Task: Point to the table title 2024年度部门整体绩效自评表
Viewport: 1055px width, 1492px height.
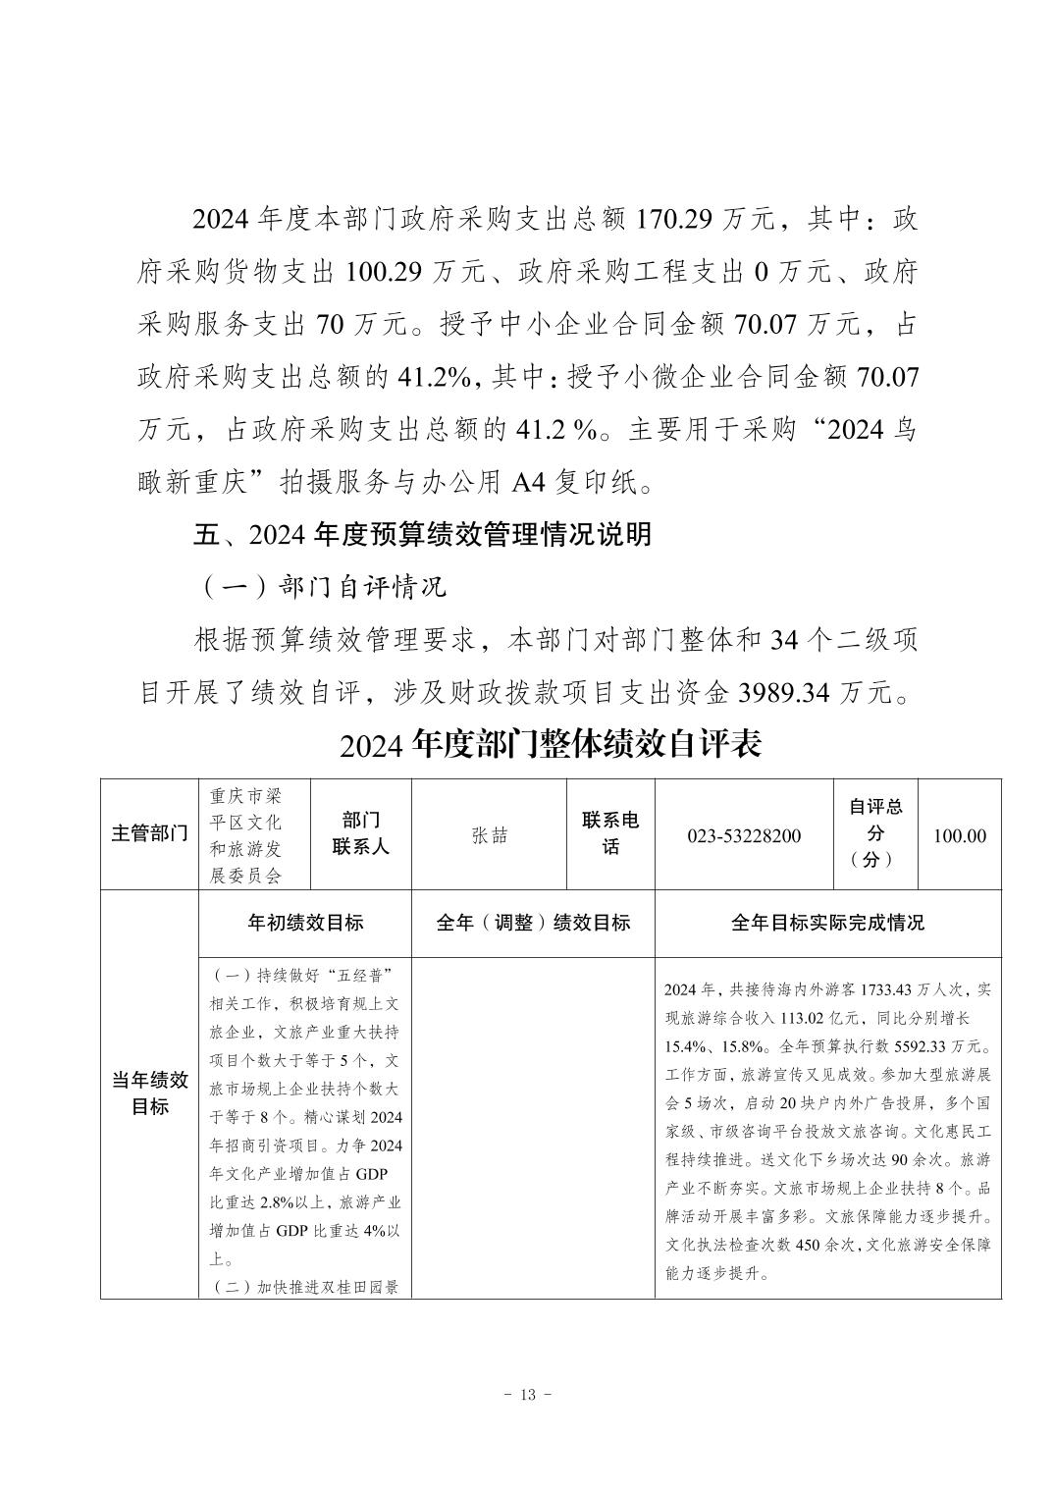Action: coord(551,745)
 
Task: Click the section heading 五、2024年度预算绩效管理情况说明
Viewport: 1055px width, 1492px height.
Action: coord(422,535)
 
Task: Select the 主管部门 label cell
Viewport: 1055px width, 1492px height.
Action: coord(149,834)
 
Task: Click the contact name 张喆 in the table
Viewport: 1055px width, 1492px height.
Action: coord(490,835)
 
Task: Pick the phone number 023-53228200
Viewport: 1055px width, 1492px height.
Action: coord(743,835)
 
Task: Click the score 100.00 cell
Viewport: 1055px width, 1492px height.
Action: coord(959,835)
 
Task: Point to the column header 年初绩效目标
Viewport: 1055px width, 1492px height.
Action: coord(305,923)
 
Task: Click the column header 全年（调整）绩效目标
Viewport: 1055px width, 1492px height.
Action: coord(533,923)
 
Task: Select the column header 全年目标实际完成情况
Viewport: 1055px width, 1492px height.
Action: coord(827,923)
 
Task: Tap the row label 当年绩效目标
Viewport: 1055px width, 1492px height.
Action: coord(149,1093)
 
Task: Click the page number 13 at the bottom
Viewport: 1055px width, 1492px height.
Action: coord(527,1395)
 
